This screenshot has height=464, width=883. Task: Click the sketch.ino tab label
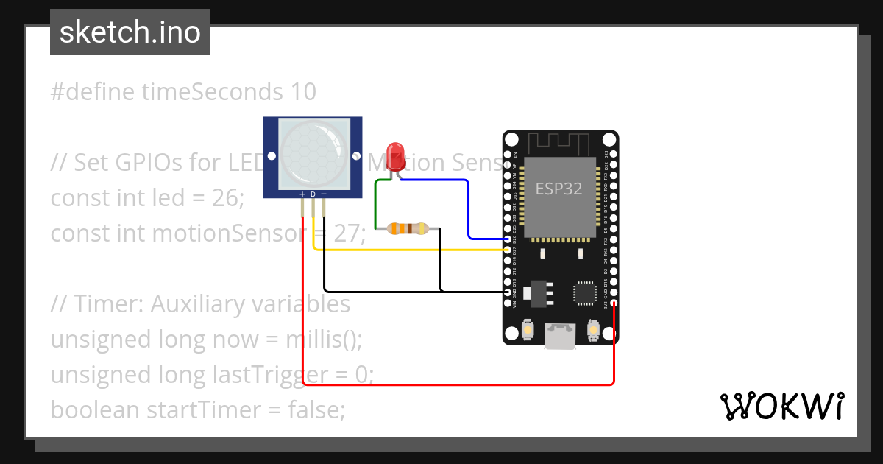coord(130,32)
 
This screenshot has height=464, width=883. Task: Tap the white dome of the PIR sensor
coord(312,152)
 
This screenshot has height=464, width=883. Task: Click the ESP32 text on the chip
coord(558,189)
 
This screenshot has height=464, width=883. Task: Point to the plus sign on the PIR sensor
coord(302,194)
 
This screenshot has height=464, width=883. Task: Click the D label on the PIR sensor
coord(313,194)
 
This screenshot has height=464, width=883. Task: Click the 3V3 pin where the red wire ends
coord(614,303)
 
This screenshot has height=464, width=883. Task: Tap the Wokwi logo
coord(781,406)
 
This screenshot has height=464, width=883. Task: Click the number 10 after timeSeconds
coord(302,92)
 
